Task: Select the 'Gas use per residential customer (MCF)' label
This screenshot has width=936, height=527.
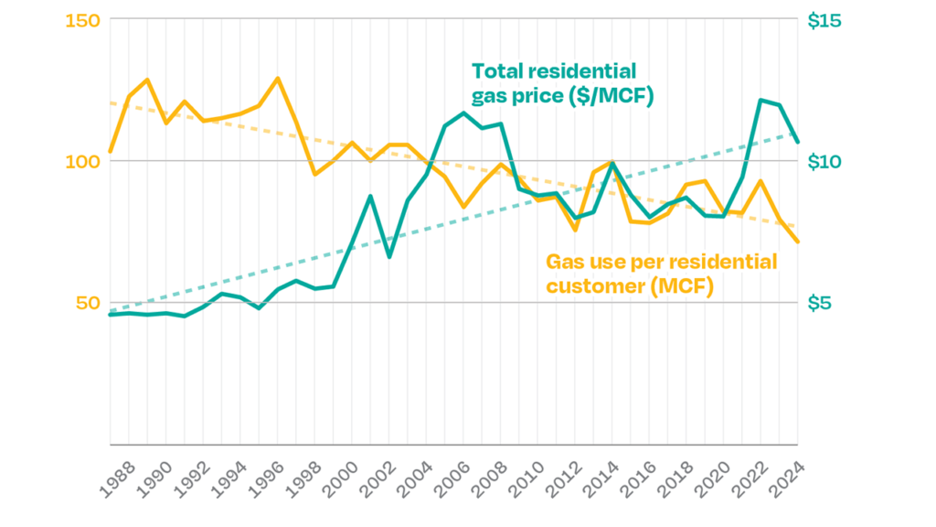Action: tap(661, 274)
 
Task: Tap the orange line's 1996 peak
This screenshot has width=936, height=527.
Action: tap(278, 78)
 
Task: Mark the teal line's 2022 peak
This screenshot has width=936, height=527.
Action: tap(760, 100)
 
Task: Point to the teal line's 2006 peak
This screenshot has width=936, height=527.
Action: tap(464, 113)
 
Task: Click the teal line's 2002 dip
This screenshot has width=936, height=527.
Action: tap(389, 257)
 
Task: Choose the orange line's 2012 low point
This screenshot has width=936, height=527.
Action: tap(576, 230)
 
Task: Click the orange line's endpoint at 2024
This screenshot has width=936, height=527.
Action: tap(798, 242)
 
